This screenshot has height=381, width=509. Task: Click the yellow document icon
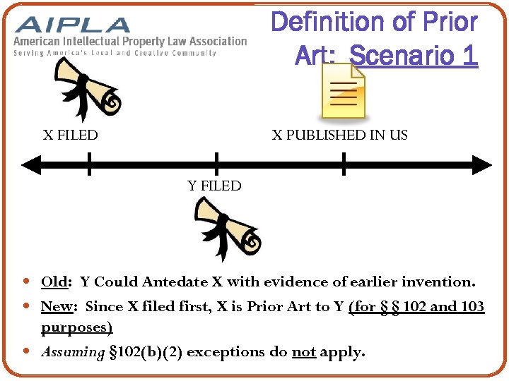(x=344, y=91)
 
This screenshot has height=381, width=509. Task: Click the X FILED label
(x=70, y=135)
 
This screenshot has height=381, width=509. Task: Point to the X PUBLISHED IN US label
(x=340, y=135)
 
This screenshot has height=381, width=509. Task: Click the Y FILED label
(x=214, y=186)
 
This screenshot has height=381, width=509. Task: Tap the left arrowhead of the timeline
(x=28, y=166)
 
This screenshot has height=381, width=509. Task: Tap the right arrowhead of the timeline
(x=484, y=166)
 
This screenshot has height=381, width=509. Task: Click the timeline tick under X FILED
(x=90, y=164)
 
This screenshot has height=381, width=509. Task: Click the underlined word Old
(x=54, y=282)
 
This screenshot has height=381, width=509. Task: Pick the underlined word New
(x=56, y=307)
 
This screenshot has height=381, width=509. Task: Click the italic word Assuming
(x=73, y=351)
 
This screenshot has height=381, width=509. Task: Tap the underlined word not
(x=303, y=351)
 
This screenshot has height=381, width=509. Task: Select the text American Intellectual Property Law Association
(x=130, y=42)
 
